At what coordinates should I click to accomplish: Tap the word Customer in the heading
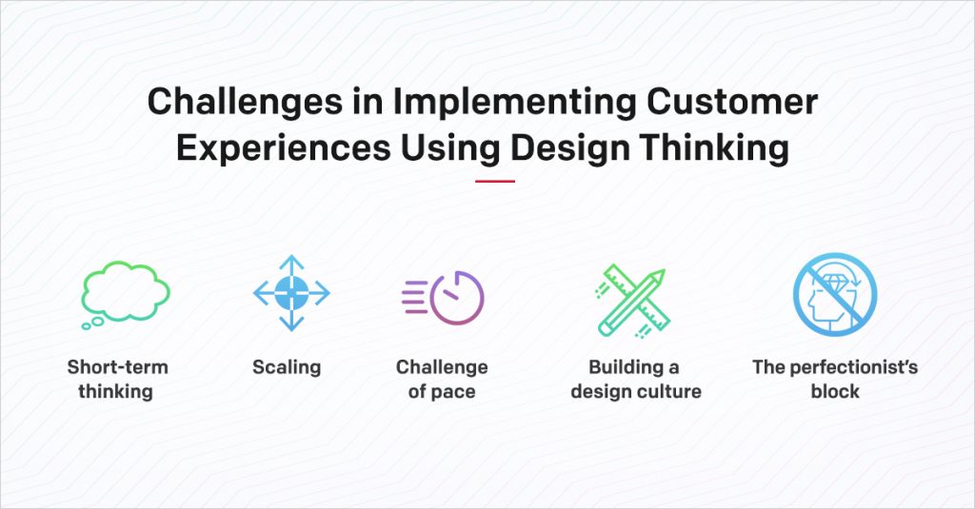click(732, 101)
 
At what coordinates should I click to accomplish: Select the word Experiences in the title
click(284, 148)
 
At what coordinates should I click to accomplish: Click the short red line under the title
click(495, 182)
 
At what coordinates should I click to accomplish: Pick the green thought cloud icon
click(126, 293)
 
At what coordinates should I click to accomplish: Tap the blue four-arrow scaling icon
click(291, 293)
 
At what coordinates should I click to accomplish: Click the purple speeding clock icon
click(443, 298)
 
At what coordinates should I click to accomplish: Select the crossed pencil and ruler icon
click(631, 301)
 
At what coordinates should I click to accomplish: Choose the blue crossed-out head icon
click(835, 294)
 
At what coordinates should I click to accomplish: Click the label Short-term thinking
click(117, 379)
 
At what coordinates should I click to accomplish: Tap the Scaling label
click(287, 368)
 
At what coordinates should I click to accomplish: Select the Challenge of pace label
click(442, 379)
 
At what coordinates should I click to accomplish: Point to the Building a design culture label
click(635, 379)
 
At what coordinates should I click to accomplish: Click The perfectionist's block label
click(835, 379)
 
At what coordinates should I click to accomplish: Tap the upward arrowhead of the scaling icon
click(291, 261)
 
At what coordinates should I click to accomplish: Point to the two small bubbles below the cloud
click(92, 323)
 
